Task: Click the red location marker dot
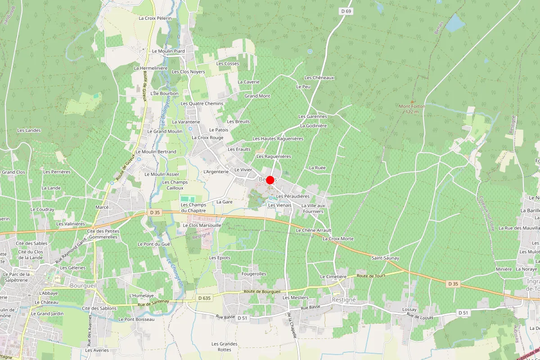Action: [x=270, y=180]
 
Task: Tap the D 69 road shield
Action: [x=346, y=11]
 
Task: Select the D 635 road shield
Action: [x=204, y=298]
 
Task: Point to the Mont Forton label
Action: [x=412, y=109]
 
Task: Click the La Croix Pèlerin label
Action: [x=155, y=18]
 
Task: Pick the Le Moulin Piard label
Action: [x=168, y=51]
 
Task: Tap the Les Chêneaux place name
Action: [x=319, y=78]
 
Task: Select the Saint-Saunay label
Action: [x=385, y=258]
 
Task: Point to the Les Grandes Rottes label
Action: [x=225, y=346]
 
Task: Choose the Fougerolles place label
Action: [x=254, y=274]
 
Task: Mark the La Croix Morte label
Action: [x=338, y=238]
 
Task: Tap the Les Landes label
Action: [x=29, y=130]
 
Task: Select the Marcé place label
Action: [x=102, y=207]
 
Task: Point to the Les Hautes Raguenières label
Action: [x=278, y=139]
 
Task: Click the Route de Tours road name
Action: [x=369, y=275]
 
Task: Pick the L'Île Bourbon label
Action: [x=164, y=94]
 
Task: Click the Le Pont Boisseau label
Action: [x=136, y=319]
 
